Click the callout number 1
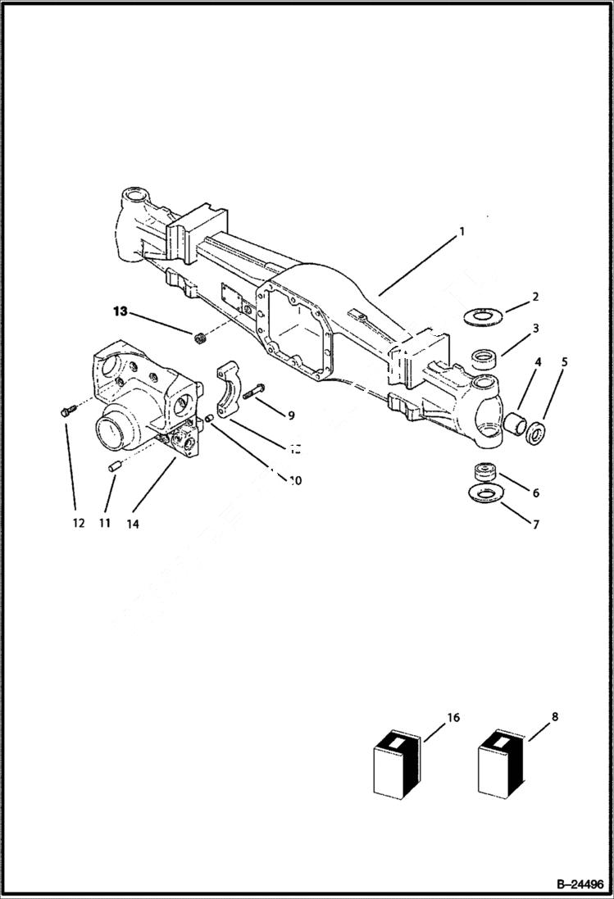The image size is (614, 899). point(462,232)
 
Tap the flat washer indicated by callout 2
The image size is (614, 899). point(484,315)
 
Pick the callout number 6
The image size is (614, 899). point(535,493)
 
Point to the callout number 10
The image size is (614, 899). point(295,481)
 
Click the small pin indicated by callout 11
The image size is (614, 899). point(115,466)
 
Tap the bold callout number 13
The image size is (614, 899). point(121,311)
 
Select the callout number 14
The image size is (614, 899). point(133,524)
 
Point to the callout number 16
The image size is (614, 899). point(453,718)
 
